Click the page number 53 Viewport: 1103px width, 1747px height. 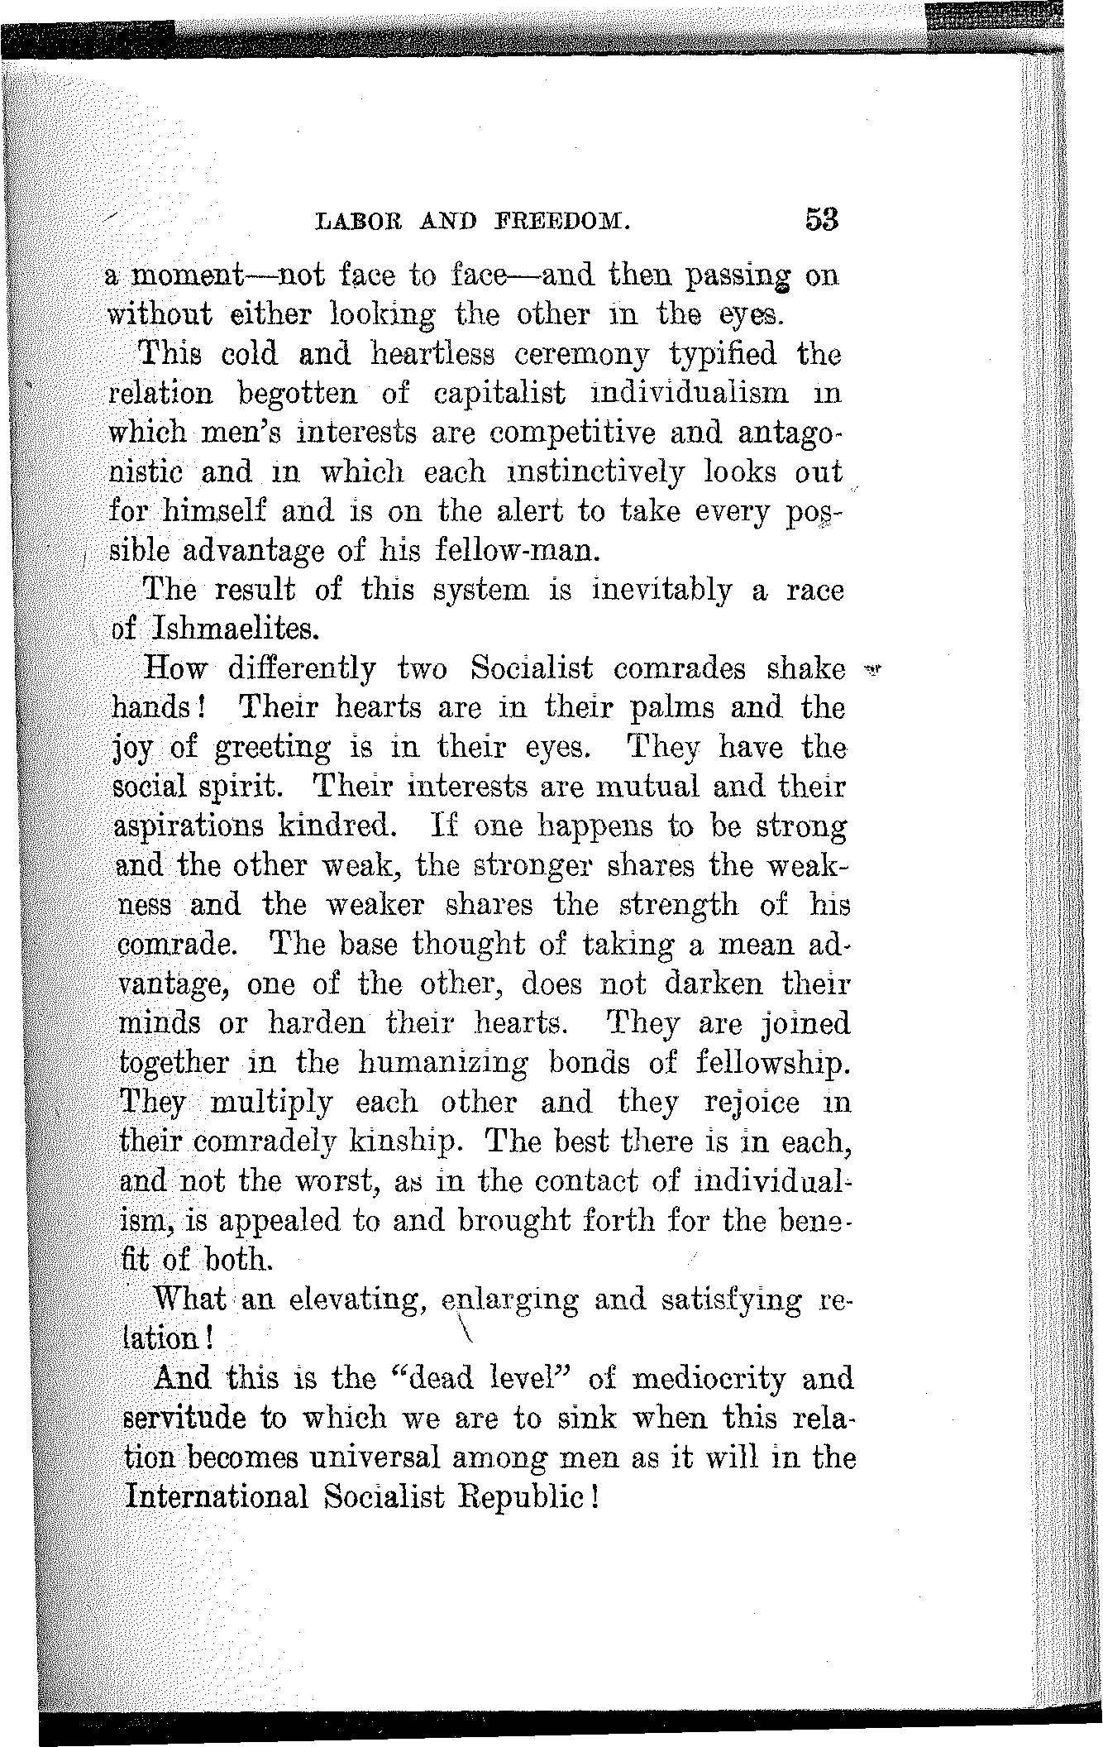point(819,219)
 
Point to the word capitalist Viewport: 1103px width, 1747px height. point(500,395)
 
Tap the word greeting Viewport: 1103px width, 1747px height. point(272,749)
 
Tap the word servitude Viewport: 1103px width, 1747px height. point(184,1418)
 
